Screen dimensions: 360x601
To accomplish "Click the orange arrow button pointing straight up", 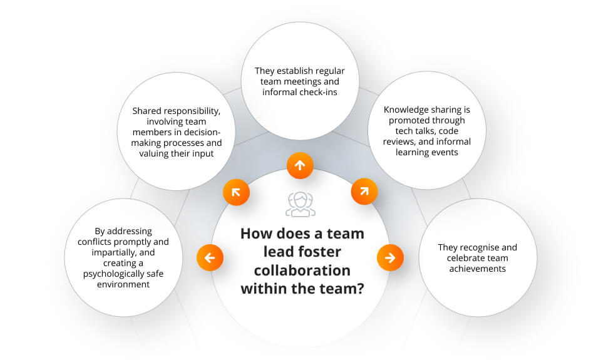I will [x=300, y=165].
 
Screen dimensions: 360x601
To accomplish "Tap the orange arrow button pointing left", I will [x=210, y=257].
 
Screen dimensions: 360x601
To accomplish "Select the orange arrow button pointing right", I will [x=389, y=257].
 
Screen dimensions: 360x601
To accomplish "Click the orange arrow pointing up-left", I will [x=237, y=192].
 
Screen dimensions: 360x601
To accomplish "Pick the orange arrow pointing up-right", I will [x=363, y=192].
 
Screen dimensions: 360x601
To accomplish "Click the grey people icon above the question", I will [x=300, y=204].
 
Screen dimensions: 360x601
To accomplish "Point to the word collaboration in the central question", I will [x=302, y=270].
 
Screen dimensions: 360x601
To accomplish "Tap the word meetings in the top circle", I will [x=302, y=81].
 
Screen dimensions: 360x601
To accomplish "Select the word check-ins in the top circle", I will [x=318, y=93].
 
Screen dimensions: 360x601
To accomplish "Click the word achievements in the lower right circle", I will [x=477, y=269].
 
